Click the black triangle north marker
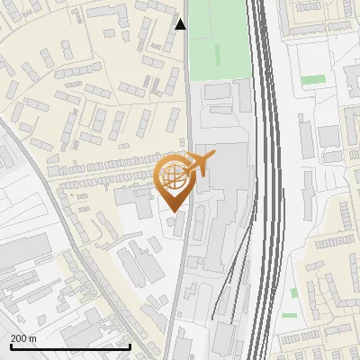pyautogui.click(x=181, y=24)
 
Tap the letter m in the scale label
pyautogui.click(x=33, y=337)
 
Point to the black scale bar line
pyautogui.click(x=70, y=347)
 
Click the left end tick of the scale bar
pyautogui.click(x=10, y=346)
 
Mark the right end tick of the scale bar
pyautogui.click(x=130, y=346)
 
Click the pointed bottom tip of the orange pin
pyautogui.click(x=173, y=212)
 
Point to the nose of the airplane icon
pyautogui.click(x=214, y=157)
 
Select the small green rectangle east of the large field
pyautogui.click(x=312, y=80)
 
